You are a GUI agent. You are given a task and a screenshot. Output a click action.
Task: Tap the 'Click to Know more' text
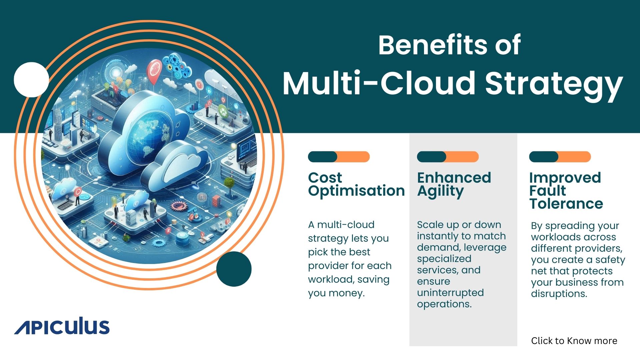[x=574, y=341]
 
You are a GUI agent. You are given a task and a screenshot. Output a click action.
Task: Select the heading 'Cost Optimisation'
[x=356, y=184]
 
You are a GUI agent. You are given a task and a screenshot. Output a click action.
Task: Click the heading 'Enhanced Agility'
[x=454, y=185]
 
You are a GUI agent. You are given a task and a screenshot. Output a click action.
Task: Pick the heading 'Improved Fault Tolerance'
[x=566, y=191]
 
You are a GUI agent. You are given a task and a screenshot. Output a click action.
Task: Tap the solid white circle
[x=31, y=80]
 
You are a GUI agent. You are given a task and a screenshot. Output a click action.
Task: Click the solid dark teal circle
[x=234, y=269]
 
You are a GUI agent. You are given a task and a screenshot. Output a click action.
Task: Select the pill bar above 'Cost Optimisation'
[x=339, y=157]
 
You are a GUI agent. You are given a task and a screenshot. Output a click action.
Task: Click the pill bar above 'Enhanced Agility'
[x=448, y=157]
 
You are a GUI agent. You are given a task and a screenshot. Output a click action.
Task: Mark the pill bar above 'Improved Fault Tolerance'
[x=560, y=157]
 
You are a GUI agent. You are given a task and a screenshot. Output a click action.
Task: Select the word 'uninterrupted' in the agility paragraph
[x=450, y=293]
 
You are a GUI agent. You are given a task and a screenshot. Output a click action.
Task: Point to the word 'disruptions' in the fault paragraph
[x=559, y=294]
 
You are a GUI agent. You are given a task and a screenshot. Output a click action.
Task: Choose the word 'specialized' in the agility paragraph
[x=444, y=259]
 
